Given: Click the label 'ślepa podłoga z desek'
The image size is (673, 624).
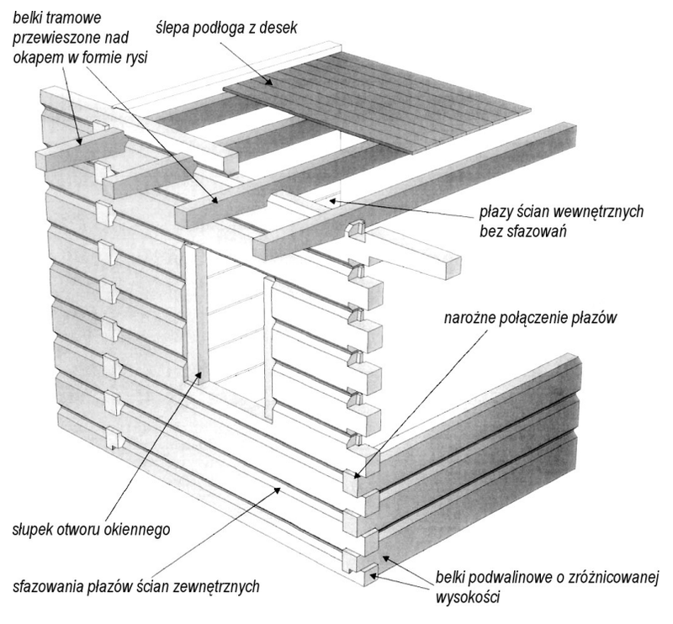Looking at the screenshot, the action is (226, 29).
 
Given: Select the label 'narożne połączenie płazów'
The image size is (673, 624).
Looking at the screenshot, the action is (531, 318).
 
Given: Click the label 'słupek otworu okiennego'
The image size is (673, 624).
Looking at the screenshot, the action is (91, 530).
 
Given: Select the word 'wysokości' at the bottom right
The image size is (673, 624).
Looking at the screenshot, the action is (468, 597).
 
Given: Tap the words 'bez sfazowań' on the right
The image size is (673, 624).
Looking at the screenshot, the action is (523, 231).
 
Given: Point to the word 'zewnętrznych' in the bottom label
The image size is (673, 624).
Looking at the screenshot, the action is (216, 586).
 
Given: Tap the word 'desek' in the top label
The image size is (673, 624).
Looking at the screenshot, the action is (278, 29).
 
